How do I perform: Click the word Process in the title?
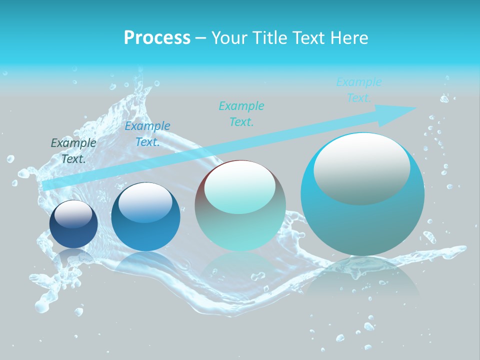(x=157, y=38)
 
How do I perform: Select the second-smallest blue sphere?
(x=145, y=217)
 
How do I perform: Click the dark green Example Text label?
(x=73, y=150)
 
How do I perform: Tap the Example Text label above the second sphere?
(x=147, y=133)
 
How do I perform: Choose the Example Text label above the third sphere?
(x=241, y=113)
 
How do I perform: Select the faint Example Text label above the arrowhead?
(x=359, y=90)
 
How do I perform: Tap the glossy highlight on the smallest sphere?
(x=73, y=214)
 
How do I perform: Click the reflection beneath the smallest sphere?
(x=73, y=257)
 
